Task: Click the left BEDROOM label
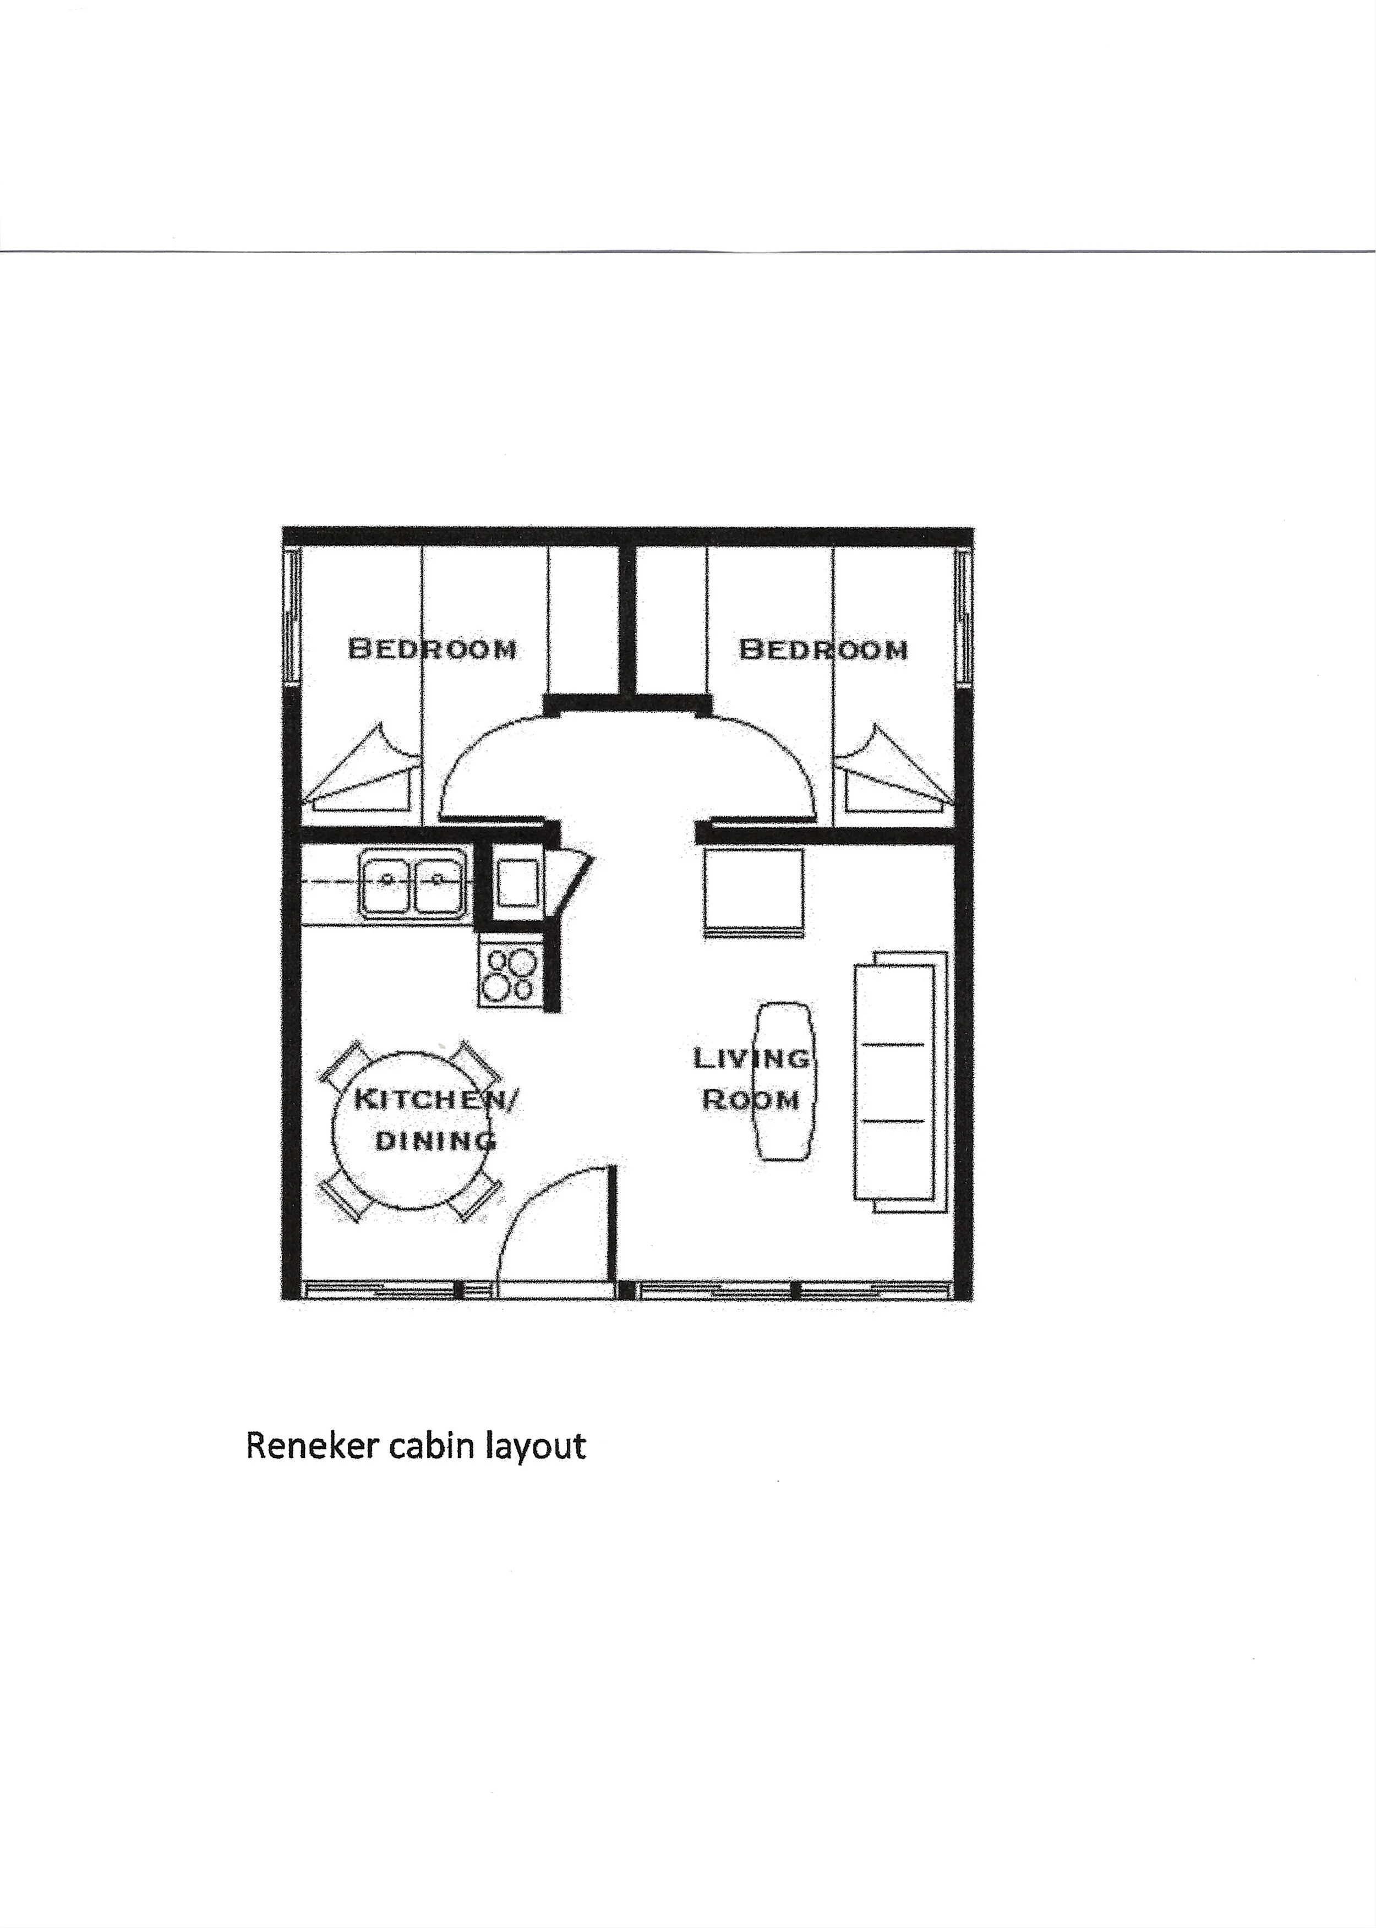tap(432, 649)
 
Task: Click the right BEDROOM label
tap(823, 649)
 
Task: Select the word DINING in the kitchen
tap(435, 1140)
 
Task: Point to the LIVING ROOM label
tap(751, 1078)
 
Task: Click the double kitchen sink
tap(413, 883)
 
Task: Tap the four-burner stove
tap(509, 974)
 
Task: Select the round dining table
tap(413, 1130)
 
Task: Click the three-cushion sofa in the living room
tap(900, 1082)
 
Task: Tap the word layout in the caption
tap(534, 1446)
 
